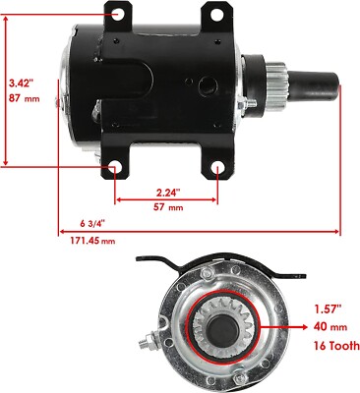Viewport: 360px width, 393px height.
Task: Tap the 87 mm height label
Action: (21, 99)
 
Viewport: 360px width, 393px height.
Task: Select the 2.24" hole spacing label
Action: (169, 193)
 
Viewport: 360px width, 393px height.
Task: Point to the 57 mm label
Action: (168, 208)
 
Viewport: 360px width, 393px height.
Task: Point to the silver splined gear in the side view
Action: (278, 101)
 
